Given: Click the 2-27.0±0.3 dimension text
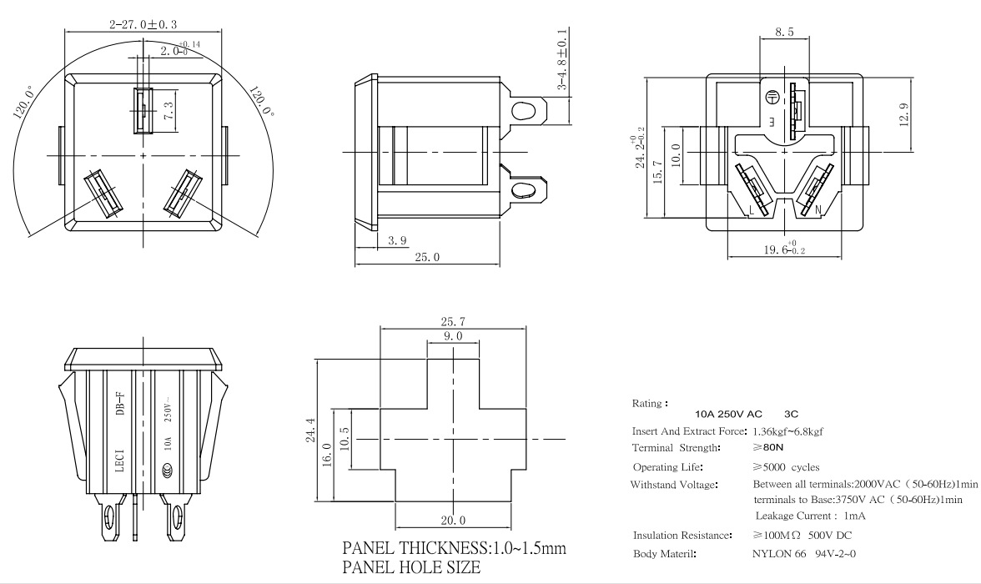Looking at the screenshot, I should point(144,26).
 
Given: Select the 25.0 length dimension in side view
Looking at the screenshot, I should point(426,258).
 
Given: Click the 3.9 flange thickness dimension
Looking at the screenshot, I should point(397,241).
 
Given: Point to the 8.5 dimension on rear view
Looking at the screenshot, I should point(784,33).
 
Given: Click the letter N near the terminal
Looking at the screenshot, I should point(817,209).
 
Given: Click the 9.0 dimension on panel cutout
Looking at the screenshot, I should point(453,336).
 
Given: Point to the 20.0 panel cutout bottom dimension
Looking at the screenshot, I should point(453,520).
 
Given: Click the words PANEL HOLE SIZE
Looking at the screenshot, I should point(411,568).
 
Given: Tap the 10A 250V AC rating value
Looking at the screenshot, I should point(728,414).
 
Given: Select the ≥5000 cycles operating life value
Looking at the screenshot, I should point(786,467).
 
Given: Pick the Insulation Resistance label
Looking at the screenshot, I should point(682,535).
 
